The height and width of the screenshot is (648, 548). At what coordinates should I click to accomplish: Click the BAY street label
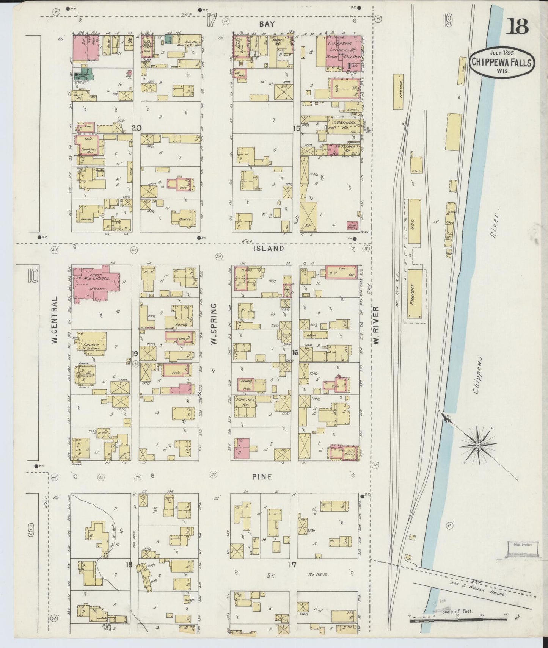pos(267,24)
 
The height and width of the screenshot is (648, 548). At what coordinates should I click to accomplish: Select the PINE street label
pos(262,477)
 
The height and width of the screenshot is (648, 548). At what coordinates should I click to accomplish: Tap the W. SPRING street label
pos(214,324)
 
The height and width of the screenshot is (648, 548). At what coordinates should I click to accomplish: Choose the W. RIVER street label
pos(376,326)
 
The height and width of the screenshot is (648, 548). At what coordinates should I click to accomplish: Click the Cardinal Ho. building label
pos(345,125)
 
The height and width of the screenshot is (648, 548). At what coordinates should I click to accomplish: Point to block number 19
pos(134,354)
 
